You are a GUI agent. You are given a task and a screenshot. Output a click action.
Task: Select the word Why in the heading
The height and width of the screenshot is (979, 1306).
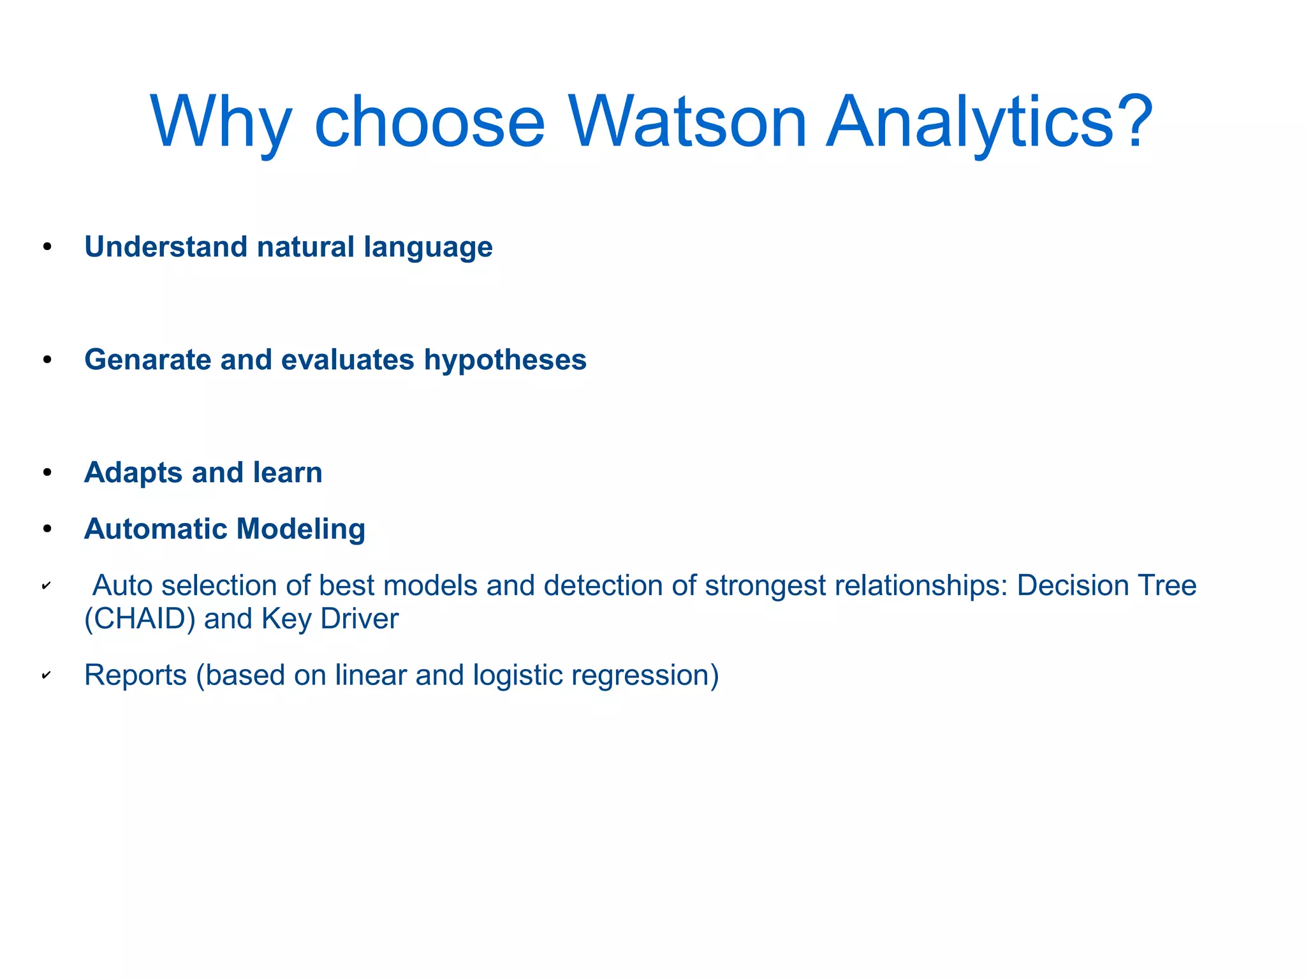(x=221, y=122)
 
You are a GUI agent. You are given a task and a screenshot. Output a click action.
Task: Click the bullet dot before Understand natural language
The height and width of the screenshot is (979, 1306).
(x=47, y=247)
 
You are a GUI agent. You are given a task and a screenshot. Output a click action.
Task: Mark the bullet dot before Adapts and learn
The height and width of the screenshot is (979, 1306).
(x=47, y=473)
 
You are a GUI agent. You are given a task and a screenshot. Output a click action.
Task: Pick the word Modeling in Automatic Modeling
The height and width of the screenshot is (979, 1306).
(x=300, y=529)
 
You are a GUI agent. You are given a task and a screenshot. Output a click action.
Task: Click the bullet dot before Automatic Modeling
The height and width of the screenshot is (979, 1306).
(x=47, y=529)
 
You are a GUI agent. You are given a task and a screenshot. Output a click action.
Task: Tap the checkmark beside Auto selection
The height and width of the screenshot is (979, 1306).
(x=46, y=585)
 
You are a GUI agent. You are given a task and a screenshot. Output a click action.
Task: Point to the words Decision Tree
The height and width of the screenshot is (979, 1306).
(x=1106, y=585)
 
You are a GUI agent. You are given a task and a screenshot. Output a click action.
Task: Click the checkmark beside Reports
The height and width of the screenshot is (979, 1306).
(x=46, y=675)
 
